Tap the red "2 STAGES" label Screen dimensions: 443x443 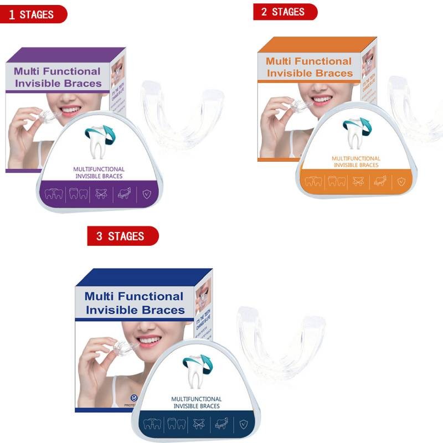coord(284,11)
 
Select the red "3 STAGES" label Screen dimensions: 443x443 coord(122,236)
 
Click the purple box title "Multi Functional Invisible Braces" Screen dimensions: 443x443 coord(58,77)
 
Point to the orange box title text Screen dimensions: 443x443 coord(309,67)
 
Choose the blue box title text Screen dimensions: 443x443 coord(135,303)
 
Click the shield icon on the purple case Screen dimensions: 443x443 coord(146,194)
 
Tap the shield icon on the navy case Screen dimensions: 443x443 coord(243,424)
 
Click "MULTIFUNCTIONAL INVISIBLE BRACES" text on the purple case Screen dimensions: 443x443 coord(99,173)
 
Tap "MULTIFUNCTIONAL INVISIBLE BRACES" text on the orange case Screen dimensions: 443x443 coord(356,162)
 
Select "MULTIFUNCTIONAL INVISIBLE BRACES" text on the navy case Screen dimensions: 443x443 coord(196,403)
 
